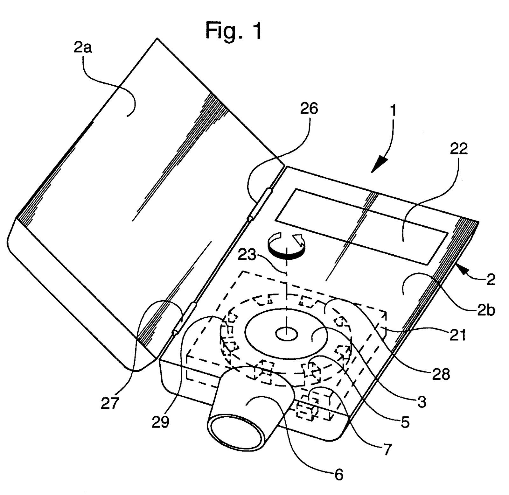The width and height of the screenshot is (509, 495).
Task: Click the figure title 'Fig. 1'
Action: pos(234,31)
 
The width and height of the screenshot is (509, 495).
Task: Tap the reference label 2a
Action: pos(83,48)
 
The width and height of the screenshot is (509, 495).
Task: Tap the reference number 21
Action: pos(457,335)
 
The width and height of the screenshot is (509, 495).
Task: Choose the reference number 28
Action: pos(441,374)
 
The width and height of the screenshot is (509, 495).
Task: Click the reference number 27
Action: pos(110,403)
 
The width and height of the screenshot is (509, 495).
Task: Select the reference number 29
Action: pos(160,422)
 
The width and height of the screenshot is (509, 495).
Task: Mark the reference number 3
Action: pos(422,402)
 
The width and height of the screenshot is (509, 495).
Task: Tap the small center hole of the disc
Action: pos(286,334)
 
